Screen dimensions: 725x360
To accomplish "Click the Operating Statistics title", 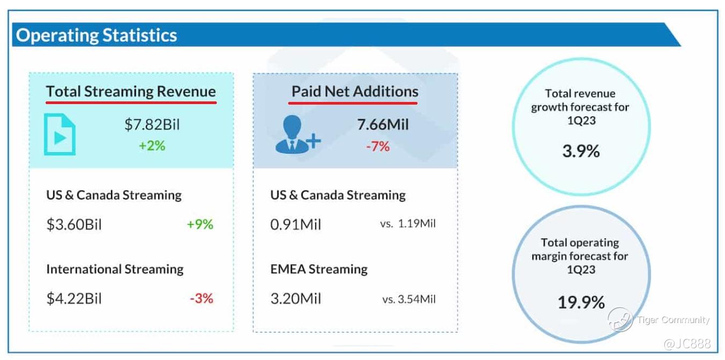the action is point(97,35).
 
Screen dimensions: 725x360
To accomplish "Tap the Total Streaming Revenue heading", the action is point(131,91).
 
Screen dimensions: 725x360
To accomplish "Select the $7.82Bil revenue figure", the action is point(152,124).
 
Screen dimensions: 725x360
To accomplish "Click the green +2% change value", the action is point(152,145).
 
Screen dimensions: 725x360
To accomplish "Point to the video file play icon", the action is point(60,134).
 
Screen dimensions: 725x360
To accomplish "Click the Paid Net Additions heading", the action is point(355,91).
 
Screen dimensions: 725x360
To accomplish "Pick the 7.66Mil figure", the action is point(383,124).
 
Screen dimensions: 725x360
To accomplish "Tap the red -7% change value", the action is point(378,146).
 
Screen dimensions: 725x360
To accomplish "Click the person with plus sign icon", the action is point(298,134).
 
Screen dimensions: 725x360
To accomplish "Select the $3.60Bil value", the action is point(74,224).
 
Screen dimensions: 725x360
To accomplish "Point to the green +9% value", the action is point(200,224).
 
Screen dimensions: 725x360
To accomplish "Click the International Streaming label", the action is point(115,269).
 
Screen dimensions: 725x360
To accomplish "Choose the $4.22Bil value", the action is point(74,298).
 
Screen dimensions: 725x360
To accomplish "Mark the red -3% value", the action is point(201,298).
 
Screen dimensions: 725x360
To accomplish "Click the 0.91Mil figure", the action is point(296,224).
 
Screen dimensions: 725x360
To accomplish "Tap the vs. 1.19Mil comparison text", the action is point(408,224).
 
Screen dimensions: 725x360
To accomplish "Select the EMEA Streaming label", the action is point(319,269).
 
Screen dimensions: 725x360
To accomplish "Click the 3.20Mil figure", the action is point(296,298).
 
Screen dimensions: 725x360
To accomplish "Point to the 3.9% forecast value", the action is point(581,151).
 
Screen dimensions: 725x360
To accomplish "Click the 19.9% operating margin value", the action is point(581,302).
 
